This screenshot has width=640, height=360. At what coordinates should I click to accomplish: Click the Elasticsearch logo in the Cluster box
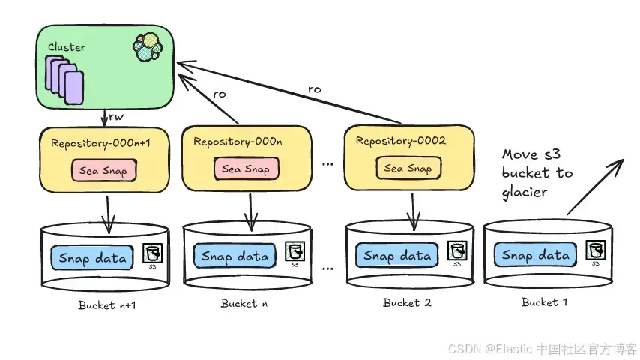click(148, 47)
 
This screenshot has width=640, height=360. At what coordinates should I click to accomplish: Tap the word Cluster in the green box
click(66, 47)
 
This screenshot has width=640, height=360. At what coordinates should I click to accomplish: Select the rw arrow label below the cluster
click(116, 116)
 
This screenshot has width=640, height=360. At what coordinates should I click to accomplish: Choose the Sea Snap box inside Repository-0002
click(408, 168)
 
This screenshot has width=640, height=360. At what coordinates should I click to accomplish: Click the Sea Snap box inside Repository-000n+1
click(104, 171)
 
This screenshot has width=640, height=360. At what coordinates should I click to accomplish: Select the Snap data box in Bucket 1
click(536, 256)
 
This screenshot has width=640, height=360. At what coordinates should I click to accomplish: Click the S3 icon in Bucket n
click(295, 252)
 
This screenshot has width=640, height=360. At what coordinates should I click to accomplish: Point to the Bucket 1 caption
click(540, 301)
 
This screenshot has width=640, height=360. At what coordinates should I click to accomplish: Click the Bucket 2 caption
click(407, 302)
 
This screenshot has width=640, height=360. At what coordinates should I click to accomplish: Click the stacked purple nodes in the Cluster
click(64, 80)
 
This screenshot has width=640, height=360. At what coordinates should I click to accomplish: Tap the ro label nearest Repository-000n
click(220, 94)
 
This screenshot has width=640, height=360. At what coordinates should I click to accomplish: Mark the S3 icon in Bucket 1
click(596, 251)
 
